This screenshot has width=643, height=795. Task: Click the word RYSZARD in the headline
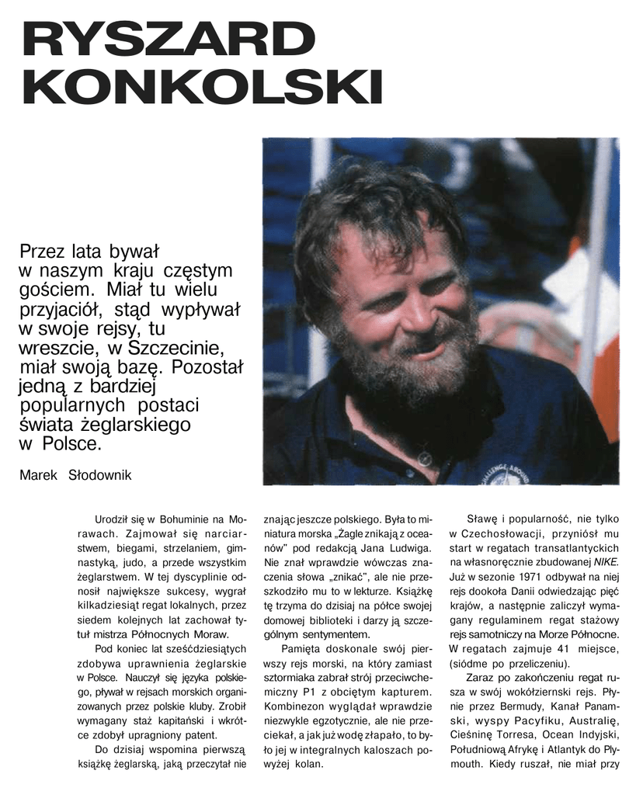[164, 40]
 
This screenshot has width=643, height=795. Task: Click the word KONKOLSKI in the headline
[202, 87]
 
